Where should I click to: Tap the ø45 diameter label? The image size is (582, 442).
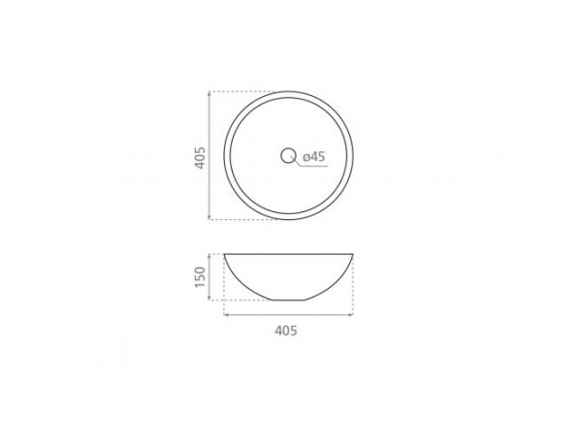coord(313,157)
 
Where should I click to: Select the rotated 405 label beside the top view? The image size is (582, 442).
coord(200,158)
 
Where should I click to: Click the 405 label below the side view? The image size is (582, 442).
coord(286,331)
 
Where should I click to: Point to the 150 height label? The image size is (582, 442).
coord(200,276)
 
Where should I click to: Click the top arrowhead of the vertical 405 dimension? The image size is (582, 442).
coord(210,94)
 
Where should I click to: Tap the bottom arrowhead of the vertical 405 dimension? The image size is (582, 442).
coord(210,216)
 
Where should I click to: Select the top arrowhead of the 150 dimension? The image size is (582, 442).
coord(210,257)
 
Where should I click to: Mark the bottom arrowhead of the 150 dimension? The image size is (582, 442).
coord(210,298)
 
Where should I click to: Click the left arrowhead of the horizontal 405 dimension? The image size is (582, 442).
coord(226,315)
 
